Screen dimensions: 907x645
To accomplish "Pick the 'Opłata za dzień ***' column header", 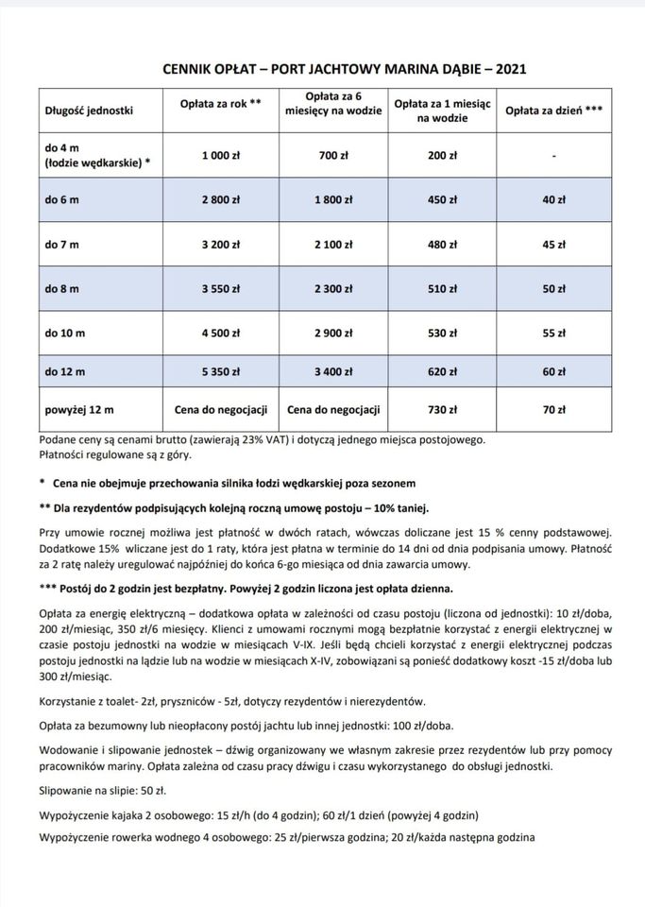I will pos(554,111).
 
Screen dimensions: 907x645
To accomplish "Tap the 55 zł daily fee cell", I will pos(554,334).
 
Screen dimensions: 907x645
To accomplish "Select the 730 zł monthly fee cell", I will pos(442,410).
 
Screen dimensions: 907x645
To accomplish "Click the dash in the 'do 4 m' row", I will pos(554,156).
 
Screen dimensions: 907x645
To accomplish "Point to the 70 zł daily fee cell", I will pos(554,410).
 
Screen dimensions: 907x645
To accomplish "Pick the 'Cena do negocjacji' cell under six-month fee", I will pos(333,410).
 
